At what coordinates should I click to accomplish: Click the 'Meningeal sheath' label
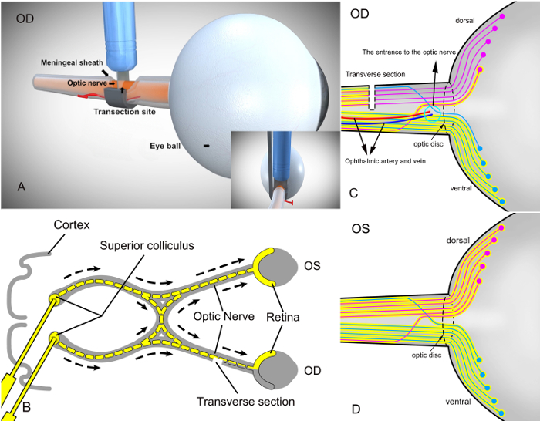72,62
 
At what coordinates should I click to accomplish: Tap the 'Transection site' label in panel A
124,112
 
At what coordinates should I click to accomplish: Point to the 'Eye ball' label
165,146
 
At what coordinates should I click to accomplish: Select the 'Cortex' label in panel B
72,225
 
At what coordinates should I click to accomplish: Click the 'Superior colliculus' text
147,245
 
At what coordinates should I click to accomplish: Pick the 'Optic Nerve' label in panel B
224,316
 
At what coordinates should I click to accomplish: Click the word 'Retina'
283,317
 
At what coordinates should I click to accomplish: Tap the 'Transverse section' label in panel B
245,402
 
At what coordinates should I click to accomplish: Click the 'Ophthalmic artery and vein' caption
385,161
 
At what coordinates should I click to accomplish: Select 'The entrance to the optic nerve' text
409,52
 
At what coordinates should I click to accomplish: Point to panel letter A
22,187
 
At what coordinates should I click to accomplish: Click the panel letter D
356,409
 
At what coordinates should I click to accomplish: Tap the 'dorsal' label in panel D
457,240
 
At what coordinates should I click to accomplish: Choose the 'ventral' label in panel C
461,188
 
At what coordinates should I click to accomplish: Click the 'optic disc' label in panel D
427,355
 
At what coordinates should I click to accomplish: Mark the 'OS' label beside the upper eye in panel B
312,266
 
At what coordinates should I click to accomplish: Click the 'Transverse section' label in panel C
375,74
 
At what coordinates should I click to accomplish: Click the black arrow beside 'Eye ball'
206,146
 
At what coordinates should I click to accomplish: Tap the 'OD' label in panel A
25,19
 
